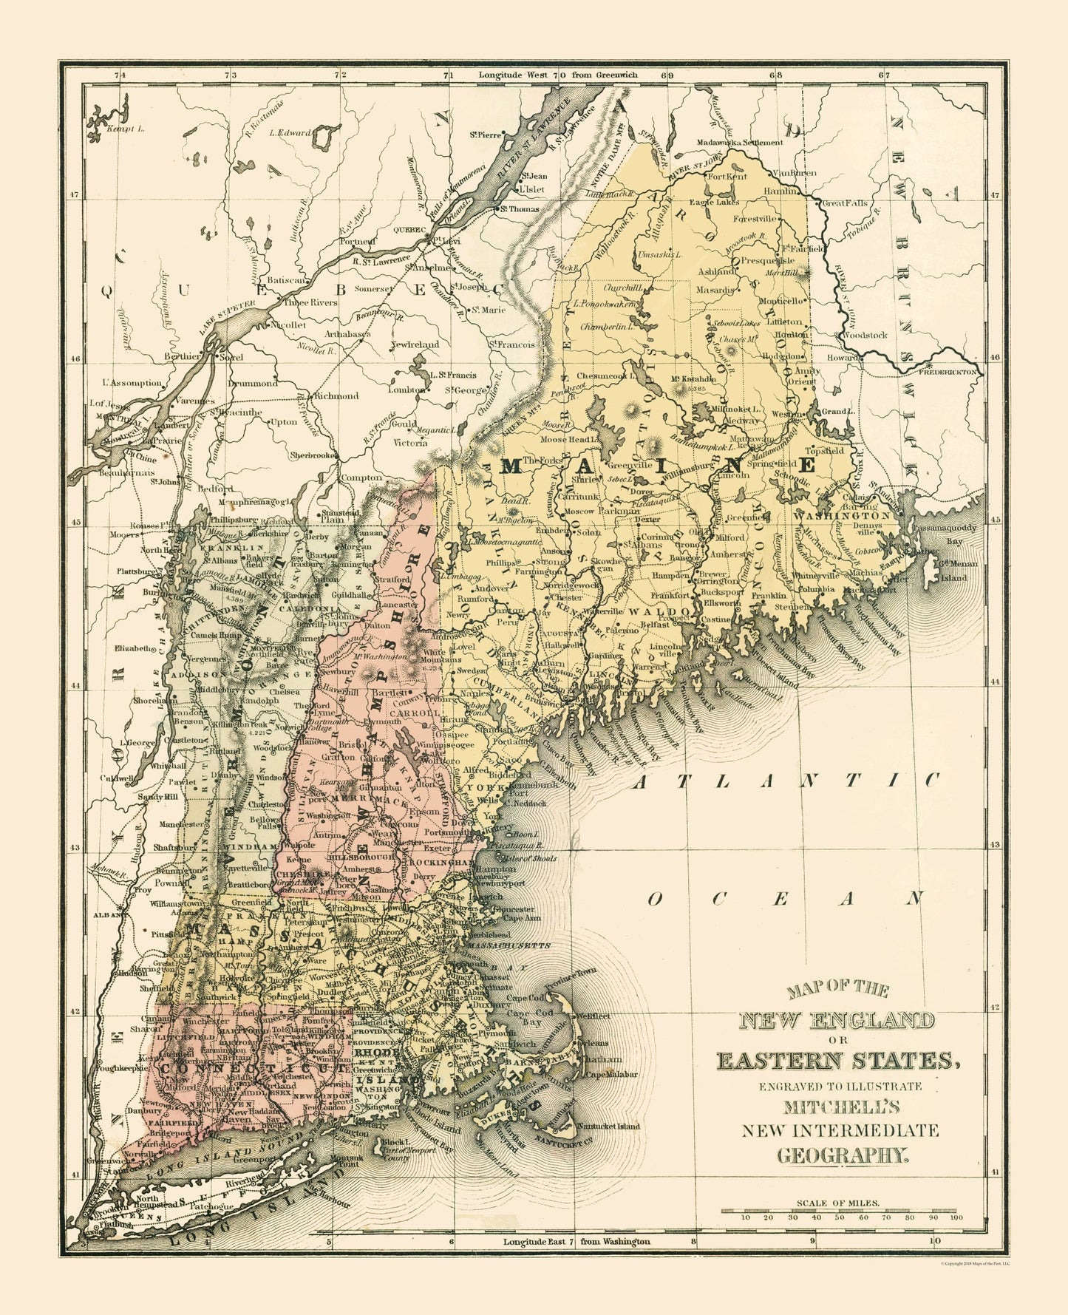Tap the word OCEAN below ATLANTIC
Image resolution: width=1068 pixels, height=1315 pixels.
(x=786, y=898)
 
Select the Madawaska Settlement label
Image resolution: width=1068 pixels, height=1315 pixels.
(x=741, y=142)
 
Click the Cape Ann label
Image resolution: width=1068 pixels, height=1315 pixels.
(x=522, y=918)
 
